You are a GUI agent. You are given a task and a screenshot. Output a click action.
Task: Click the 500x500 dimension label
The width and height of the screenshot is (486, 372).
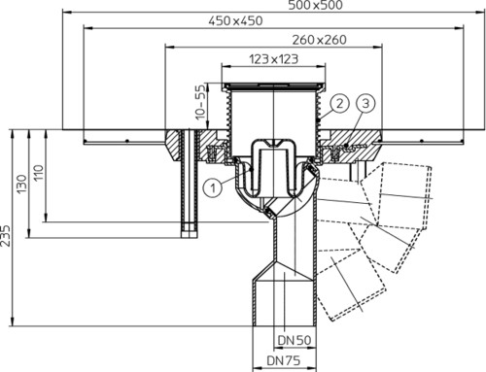[x=315, y=5]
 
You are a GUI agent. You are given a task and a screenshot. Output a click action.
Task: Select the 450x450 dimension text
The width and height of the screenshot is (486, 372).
[x=235, y=21]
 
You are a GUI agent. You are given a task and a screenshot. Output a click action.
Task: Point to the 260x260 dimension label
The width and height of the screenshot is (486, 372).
[x=319, y=40]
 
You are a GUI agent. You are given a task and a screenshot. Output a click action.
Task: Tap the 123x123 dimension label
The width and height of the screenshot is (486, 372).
[x=273, y=59]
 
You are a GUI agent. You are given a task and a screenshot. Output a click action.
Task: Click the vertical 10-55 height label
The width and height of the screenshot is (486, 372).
[x=200, y=102]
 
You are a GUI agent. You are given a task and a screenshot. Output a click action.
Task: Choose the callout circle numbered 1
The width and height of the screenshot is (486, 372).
[x=213, y=187]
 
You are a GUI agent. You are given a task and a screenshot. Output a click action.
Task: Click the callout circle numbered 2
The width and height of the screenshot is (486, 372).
[x=339, y=104]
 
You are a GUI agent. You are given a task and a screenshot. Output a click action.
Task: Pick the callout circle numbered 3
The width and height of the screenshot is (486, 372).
[x=365, y=104]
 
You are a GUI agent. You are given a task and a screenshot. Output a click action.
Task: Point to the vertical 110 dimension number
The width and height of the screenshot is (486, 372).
[x=39, y=173]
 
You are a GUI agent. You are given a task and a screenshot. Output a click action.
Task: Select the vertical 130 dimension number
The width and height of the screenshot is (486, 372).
[x=21, y=184]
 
